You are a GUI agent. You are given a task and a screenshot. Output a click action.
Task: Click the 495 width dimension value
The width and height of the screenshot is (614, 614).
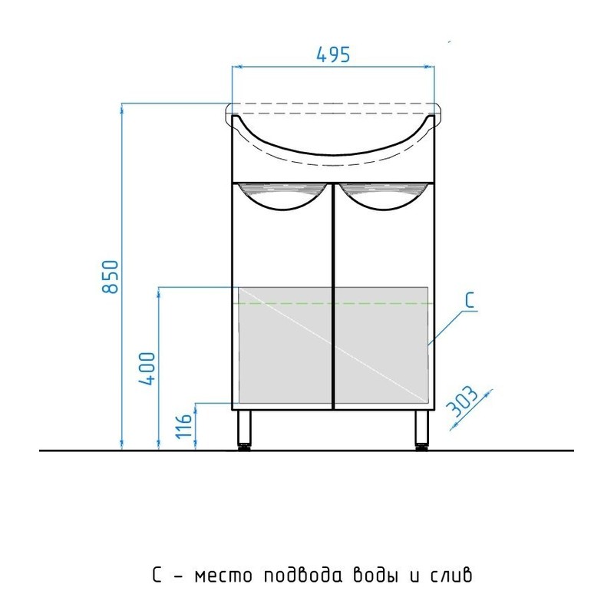[333, 54]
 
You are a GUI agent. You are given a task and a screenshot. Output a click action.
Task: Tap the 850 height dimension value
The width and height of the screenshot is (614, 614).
[110, 276]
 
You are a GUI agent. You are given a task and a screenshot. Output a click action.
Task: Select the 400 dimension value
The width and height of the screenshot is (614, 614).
[147, 369]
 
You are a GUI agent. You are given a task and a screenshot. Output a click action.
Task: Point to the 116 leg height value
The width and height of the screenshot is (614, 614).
[184, 425]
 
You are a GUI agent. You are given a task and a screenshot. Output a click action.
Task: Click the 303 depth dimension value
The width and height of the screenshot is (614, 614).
[463, 402]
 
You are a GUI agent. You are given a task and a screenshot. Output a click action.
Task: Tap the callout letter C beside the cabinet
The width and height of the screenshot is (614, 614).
[470, 300]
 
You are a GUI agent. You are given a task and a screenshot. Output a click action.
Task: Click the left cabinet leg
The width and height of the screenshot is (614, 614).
[244, 429]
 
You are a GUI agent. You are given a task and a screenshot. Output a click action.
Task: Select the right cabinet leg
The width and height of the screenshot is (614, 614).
[422, 429]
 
